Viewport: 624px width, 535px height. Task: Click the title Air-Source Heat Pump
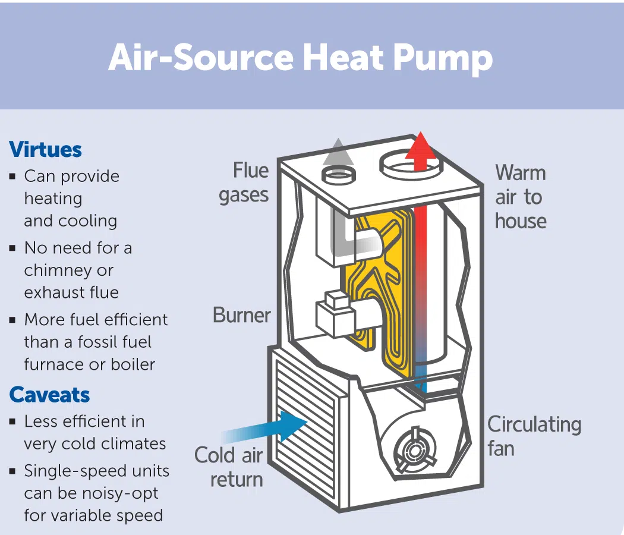pyautogui.click(x=301, y=58)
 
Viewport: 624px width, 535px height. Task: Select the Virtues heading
pyautogui.click(x=45, y=150)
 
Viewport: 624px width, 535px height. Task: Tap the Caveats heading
pyautogui.click(x=49, y=395)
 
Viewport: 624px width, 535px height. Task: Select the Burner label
pyautogui.click(x=241, y=315)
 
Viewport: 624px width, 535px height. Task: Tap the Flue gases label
pyautogui.click(x=244, y=182)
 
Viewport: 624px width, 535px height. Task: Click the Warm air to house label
pyautogui.click(x=521, y=197)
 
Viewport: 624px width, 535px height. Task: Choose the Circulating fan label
pyautogui.click(x=534, y=436)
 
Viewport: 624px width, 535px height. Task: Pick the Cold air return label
pyautogui.click(x=229, y=467)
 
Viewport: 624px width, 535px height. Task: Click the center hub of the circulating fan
pyautogui.click(x=415, y=451)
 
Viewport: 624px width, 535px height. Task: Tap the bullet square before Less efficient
pyautogui.click(x=12, y=422)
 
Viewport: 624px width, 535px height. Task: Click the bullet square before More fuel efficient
pyautogui.click(x=12, y=320)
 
